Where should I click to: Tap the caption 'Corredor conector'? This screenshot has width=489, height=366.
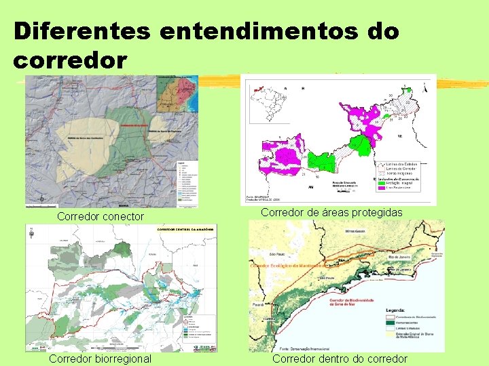[101, 217]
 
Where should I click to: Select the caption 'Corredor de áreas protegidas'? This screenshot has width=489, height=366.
[331, 213]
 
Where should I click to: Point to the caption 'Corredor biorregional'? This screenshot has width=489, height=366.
[100, 359]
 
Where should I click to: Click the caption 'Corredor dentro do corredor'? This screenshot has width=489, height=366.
[340, 359]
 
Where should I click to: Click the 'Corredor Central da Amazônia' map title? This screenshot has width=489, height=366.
[187, 230]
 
